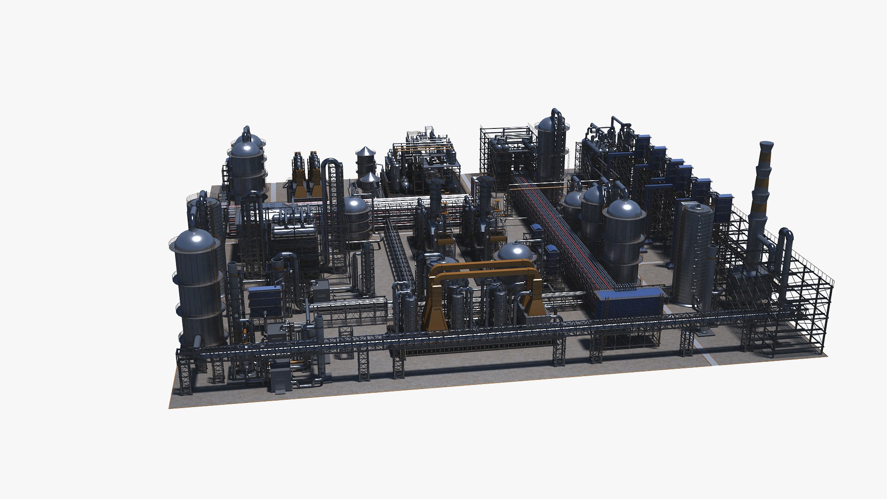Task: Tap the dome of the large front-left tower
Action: [194, 240]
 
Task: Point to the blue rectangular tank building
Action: [628, 303]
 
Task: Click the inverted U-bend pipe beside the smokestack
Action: [784, 240]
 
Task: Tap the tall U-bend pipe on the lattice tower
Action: [331, 166]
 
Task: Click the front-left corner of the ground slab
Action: [170, 408]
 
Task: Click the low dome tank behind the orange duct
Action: [515, 252]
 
